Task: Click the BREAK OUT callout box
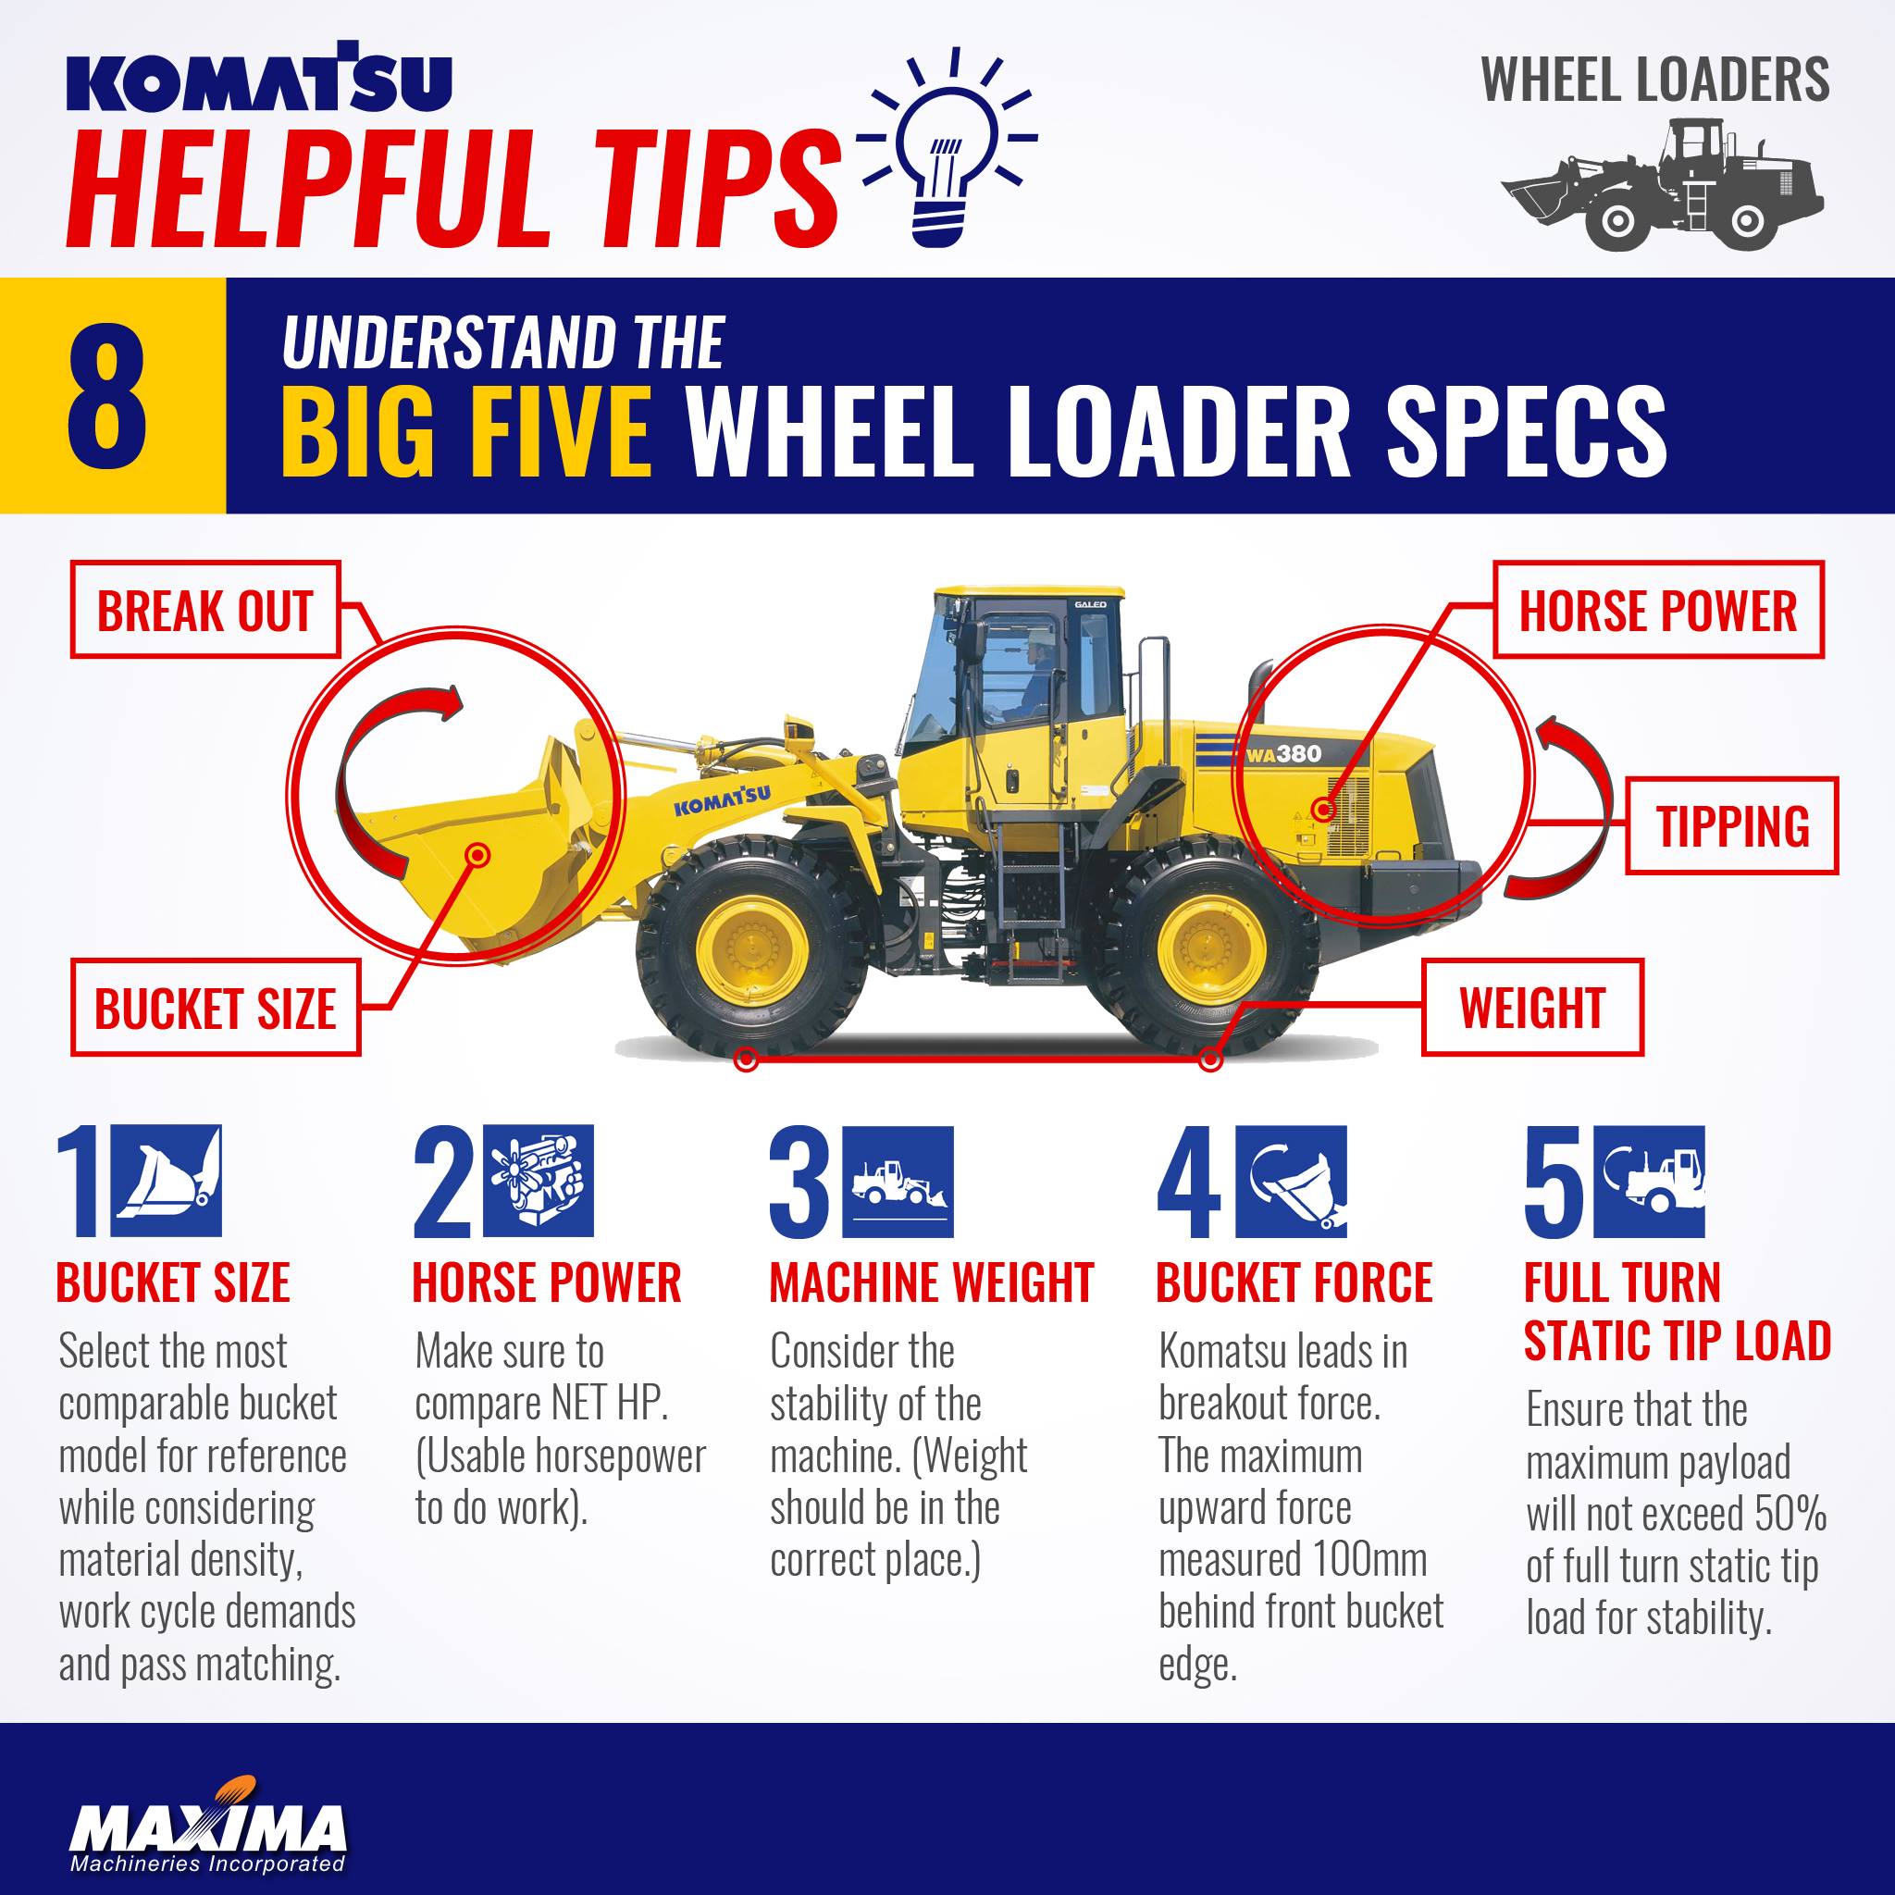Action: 205,609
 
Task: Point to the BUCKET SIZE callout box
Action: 216,1008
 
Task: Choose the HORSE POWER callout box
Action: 1657,609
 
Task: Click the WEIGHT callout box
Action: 1532,1008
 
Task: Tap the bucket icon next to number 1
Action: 166,1180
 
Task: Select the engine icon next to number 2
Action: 539,1180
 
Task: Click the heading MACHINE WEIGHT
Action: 931,1283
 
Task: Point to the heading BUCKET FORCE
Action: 1294,1283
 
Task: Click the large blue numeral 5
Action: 1553,1181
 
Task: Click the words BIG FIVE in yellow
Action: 466,429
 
